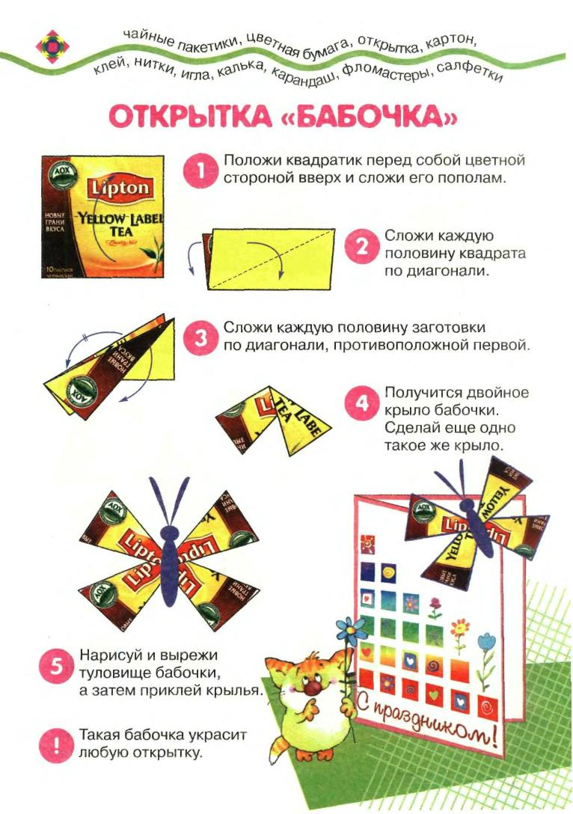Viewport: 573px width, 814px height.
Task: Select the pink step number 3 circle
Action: coord(200,338)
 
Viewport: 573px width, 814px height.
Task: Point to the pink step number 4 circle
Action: coord(361,405)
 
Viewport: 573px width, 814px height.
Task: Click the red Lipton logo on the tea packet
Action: coord(120,188)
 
